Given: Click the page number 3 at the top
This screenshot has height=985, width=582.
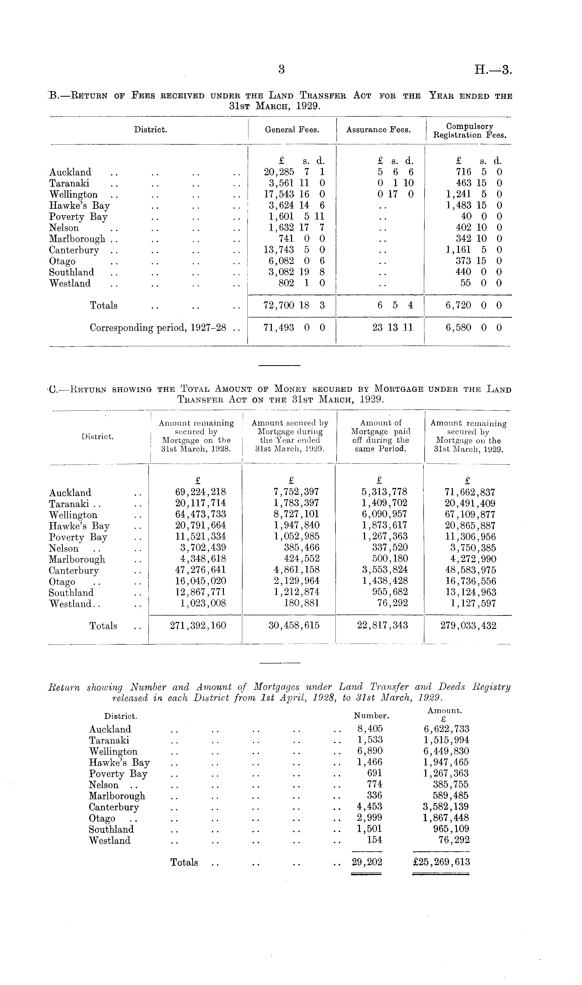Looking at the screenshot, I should [x=281, y=70].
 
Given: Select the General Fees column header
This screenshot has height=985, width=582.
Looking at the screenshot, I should [x=292, y=130].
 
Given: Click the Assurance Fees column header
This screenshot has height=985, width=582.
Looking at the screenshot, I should [x=378, y=130].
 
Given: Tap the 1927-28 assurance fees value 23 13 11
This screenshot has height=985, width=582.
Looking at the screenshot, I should [x=393, y=328].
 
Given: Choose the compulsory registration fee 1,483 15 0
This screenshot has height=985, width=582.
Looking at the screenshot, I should [x=474, y=205].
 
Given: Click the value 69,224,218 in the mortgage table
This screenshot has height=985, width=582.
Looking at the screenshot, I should [x=200, y=492].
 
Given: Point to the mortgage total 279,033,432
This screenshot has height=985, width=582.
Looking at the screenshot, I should [x=468, y=626].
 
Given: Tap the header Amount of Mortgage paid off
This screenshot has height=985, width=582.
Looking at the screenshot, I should [x=380, y=435].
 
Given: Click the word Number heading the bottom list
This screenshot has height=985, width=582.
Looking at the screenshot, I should [x=371, y=716].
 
